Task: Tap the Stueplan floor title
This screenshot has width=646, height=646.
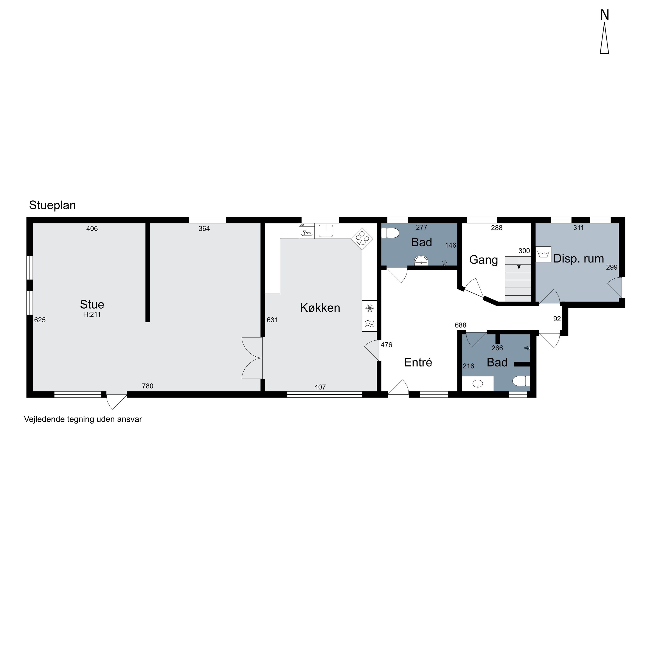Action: [53, 205]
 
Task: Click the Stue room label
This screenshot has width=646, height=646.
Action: [92, 304]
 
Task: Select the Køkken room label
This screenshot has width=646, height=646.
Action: [320, 308]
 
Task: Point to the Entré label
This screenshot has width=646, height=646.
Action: [418, 362]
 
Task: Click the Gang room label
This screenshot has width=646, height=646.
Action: [483, 260]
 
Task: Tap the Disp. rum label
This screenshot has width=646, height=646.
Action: [578, 258]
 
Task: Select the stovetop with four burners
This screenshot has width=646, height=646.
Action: [362, 238]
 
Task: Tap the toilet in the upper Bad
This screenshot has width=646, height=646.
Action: [389, 233]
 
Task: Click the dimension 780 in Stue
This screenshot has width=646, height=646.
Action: [148, 386]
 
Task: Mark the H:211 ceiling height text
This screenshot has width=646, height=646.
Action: [92, 314]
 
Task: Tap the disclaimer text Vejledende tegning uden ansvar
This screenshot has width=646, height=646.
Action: [83, 419]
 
